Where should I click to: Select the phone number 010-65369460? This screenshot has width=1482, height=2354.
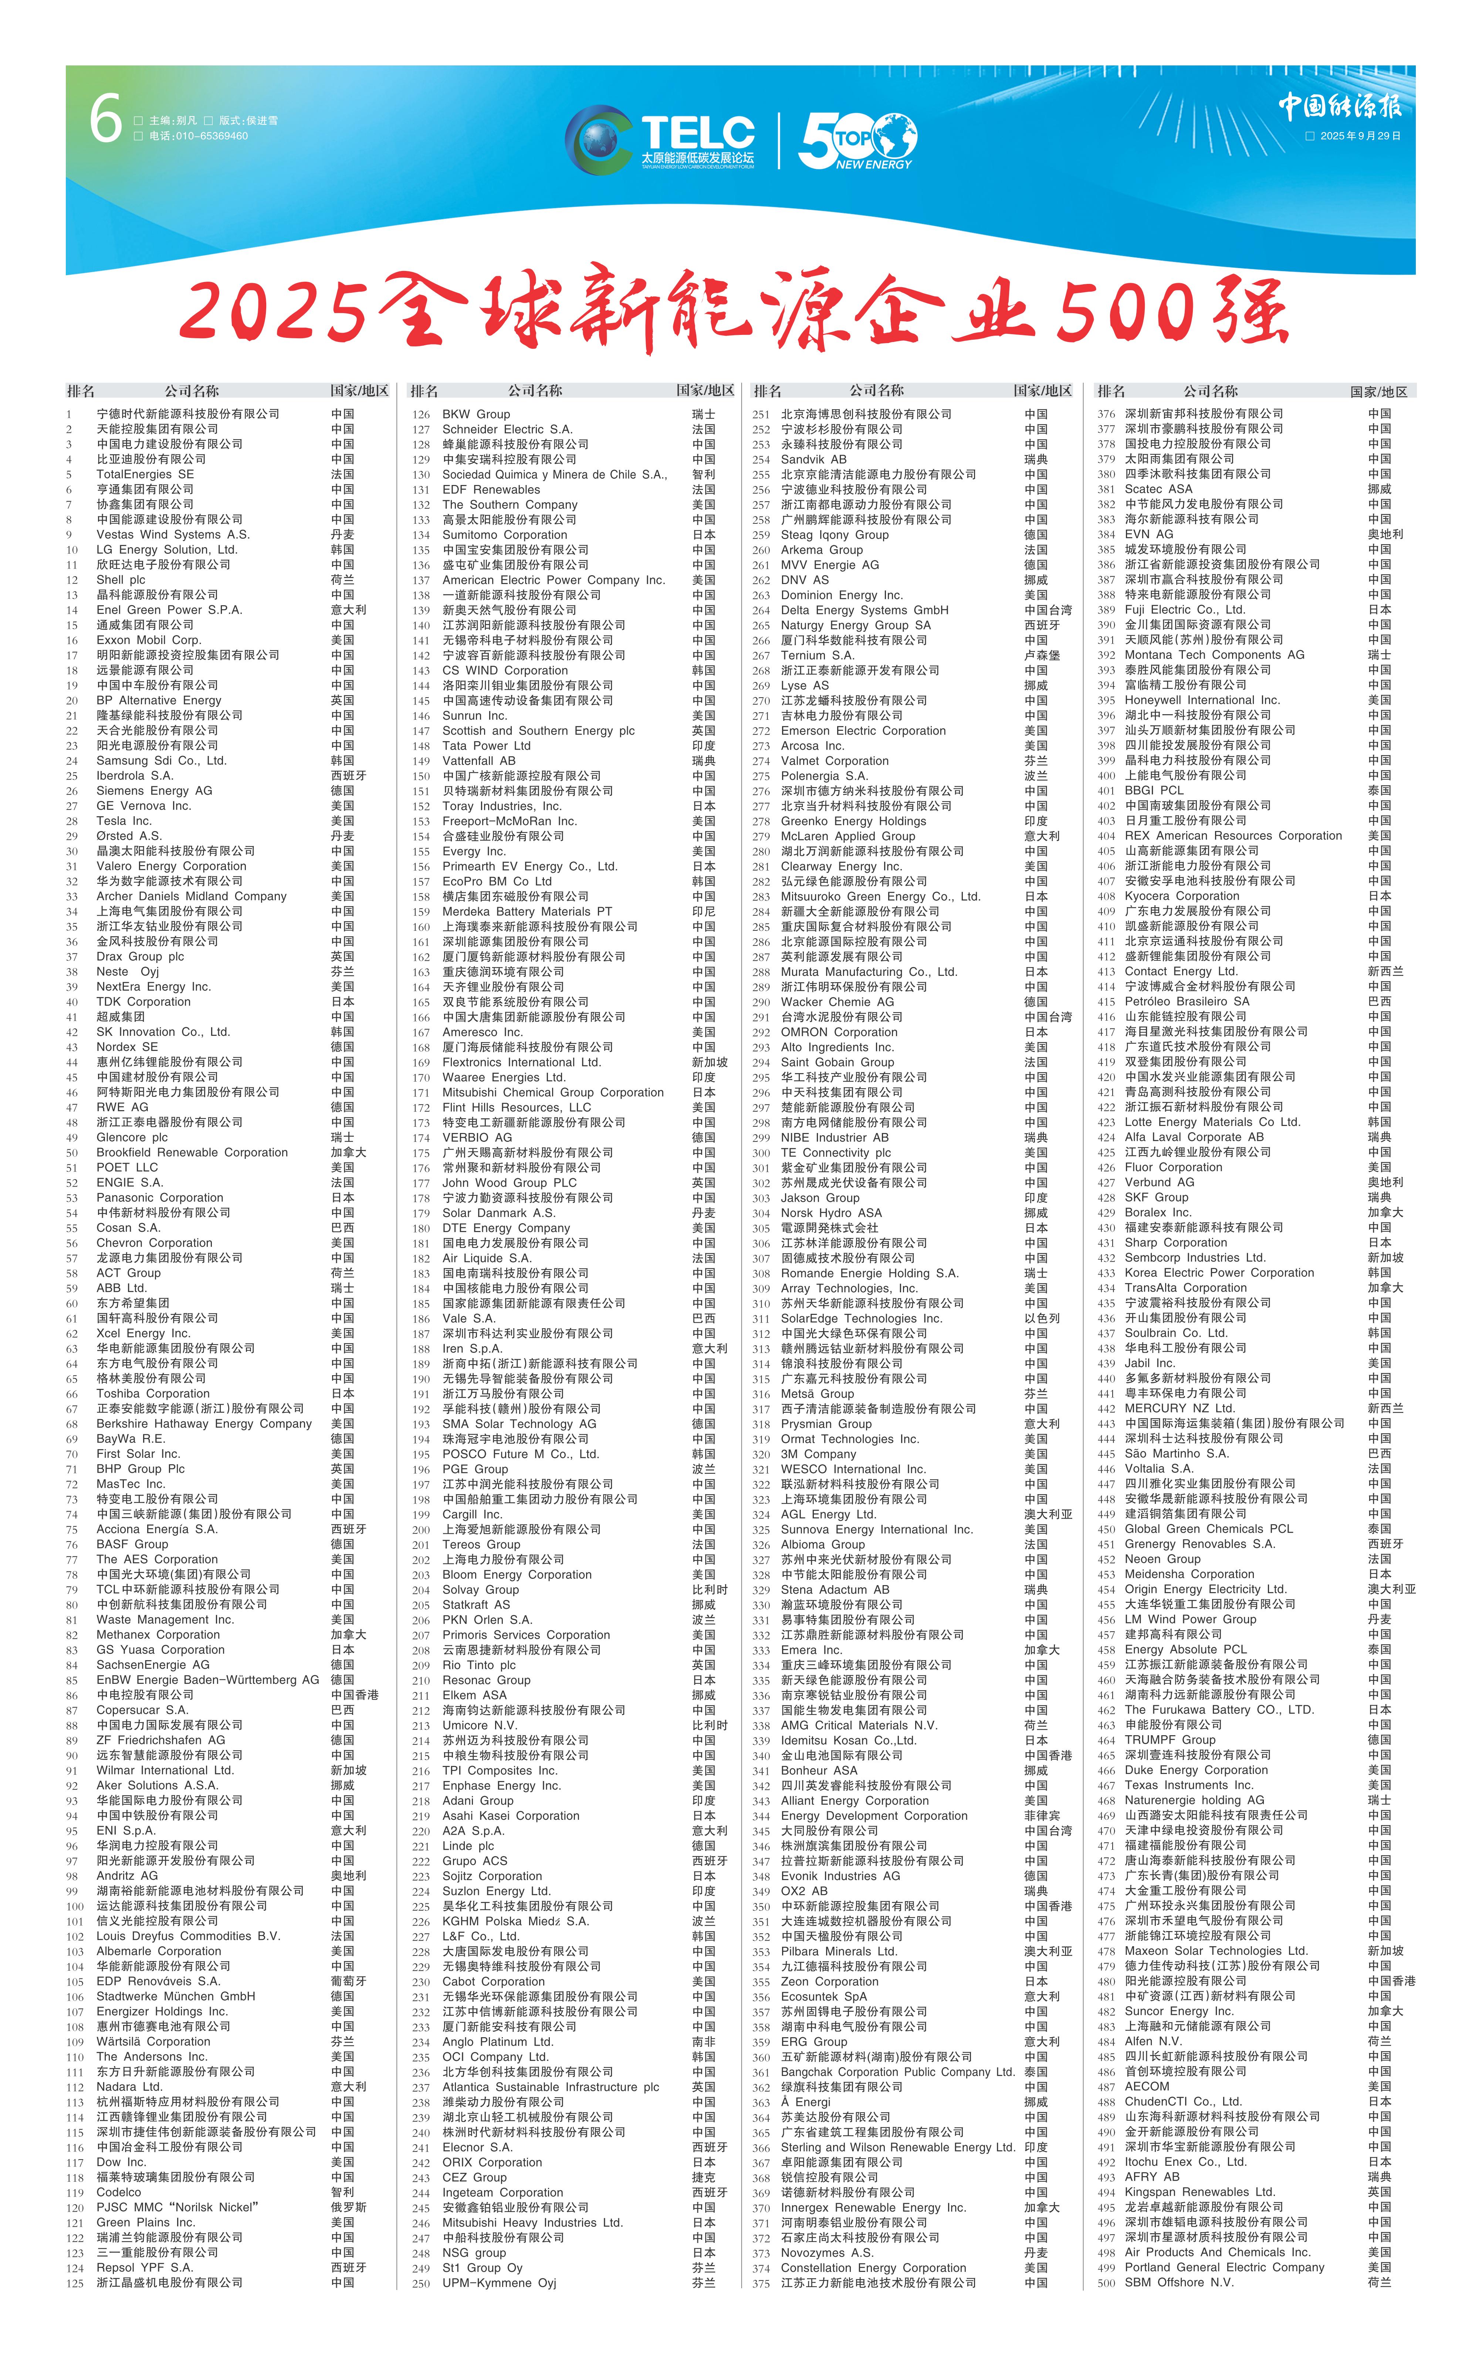point(199,136)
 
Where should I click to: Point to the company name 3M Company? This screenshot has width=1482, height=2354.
point(818,1454)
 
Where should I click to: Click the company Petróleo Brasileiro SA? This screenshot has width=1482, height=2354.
point(1187,1001)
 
